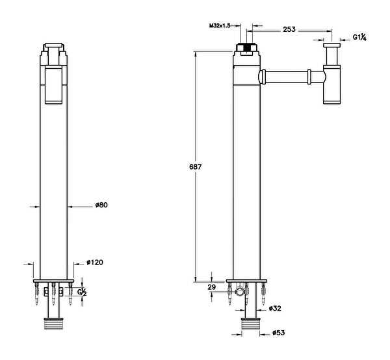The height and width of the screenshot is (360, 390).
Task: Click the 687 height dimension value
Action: coord(195,166)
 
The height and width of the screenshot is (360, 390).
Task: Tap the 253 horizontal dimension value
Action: coord(289,29)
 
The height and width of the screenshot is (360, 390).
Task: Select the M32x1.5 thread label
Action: coord(220,25)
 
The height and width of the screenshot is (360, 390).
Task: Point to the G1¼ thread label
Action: coord(359,37)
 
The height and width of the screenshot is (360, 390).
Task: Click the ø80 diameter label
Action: coord(101,205)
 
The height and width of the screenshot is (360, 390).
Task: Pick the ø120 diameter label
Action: coord(95,263)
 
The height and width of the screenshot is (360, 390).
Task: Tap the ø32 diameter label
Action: coord(275,308)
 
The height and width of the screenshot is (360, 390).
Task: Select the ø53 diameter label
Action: coord(279,333)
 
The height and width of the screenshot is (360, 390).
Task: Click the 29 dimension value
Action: coord(211,287)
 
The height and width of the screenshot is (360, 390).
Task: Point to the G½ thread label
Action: coord(82,292)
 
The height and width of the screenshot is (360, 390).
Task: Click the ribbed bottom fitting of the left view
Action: coord(53,324)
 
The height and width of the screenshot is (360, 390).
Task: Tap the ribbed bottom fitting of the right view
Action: coord(250,324)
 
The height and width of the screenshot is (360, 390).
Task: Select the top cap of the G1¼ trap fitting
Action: coord(331,45)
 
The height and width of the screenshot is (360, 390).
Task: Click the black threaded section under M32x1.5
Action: coord(246,47)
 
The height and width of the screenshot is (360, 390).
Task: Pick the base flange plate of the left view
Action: coord(53,281)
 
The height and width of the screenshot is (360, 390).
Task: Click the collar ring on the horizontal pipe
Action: coord(309,77)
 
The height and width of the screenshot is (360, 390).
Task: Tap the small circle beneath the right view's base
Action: coord(240,291)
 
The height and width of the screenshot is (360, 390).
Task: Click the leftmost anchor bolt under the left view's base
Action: coord(37,294)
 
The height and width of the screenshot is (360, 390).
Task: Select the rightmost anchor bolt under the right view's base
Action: coord(263,294)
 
